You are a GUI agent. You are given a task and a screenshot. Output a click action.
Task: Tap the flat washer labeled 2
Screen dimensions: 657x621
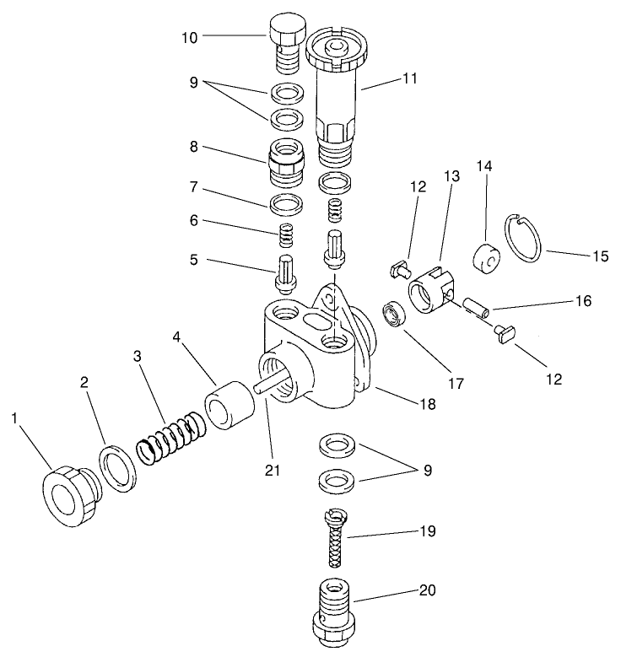coord(117,469)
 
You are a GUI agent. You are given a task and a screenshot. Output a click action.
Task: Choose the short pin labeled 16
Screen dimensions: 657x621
coord(474,304)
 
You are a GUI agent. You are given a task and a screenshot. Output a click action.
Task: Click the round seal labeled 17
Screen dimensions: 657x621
coord(395,315)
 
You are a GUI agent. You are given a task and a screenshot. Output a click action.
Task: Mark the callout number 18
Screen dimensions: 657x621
coord(427,404)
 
